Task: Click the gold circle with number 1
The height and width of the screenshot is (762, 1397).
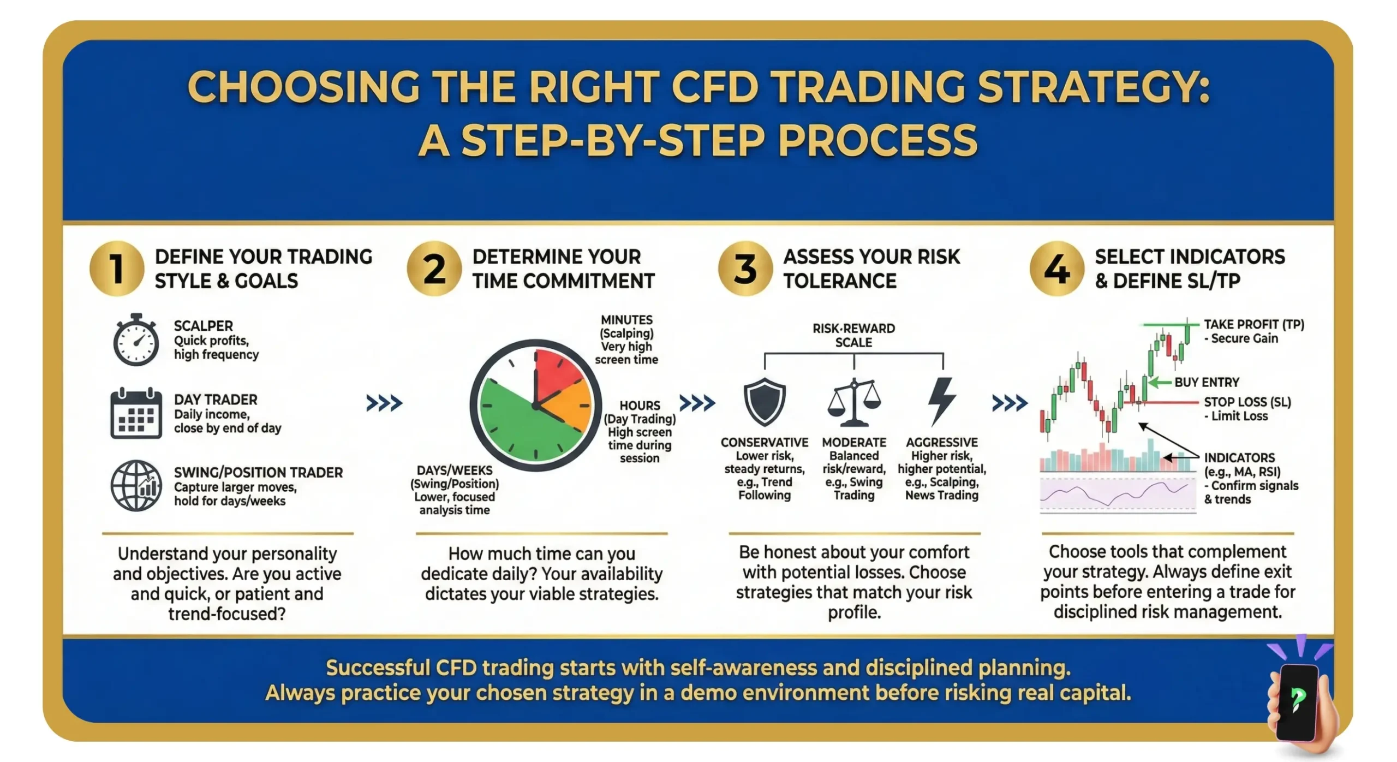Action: pos(117,269)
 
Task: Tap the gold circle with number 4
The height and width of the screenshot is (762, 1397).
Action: pos(1056,269)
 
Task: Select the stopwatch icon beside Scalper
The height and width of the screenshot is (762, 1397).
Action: pos(136,340)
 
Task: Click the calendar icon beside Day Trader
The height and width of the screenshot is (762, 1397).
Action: pos(136,414)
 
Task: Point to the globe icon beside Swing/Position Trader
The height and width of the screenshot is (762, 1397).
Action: pos(136,485)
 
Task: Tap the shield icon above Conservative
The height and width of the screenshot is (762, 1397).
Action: pos(765,402)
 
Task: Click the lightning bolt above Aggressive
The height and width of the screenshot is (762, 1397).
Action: pos(942,401)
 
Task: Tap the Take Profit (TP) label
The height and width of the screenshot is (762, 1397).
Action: pos(1254,325)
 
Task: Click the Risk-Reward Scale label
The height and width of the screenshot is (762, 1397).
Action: pos(853,335)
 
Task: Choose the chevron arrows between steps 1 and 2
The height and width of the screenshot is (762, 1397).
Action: pos(384,403)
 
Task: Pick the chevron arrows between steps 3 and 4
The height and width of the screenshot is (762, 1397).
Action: pos(1010,403)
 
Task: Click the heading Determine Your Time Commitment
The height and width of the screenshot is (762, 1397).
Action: pos(563,269)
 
